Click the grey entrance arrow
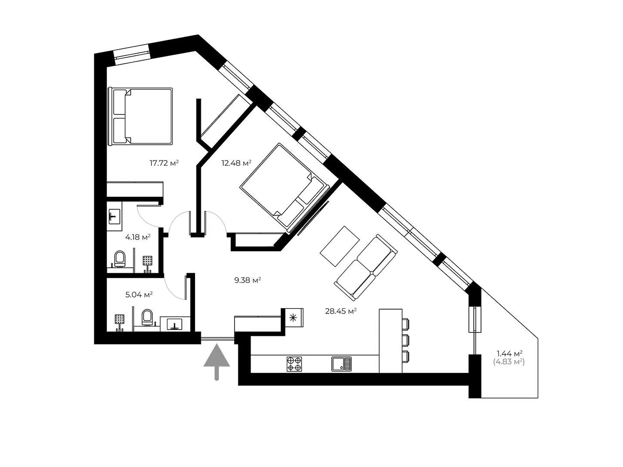(216, 361)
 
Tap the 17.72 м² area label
(164, 163)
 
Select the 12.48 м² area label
(236, 163)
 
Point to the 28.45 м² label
(341, 311)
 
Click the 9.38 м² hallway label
(248, 280)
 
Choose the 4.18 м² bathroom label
(138, 237)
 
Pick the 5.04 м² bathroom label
(139, 295)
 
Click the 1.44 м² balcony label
(510, 353)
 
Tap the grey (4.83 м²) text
(509, 362)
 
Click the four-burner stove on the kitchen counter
(294, 364)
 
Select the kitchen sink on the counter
(341, 364)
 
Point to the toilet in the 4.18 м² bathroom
(120, 258)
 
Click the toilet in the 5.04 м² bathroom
(147, 317)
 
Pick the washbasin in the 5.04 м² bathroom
(174, 324)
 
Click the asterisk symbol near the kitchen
(293, 318)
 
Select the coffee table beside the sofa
(340, 246)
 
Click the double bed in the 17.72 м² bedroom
(140, 116)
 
